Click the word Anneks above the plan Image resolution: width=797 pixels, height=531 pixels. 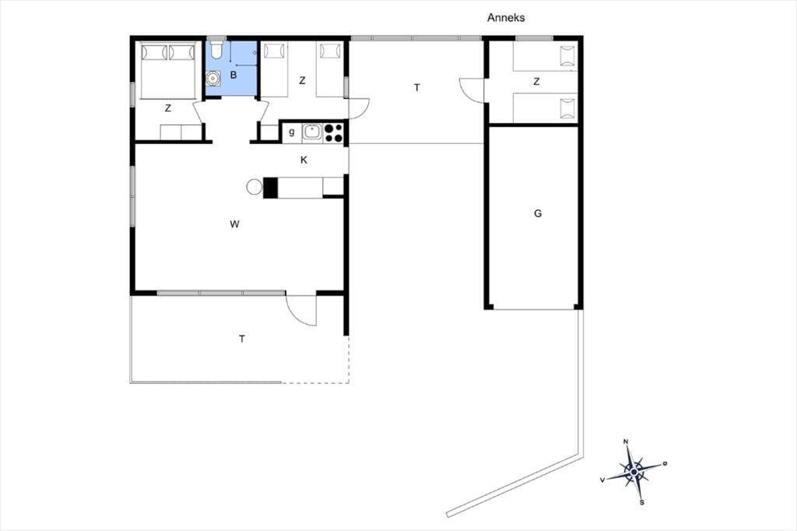click(506, 18)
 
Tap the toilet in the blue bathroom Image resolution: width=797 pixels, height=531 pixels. click(216, 49)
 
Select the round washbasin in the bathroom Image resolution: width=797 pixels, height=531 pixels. click(213, 79)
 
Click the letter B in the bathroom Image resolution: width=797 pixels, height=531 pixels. click(233, 76)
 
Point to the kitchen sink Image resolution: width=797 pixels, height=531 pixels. click(313, 132)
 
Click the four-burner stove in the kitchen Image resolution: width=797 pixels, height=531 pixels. click(333, 132)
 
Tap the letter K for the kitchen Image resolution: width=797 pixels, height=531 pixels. click(304, 160)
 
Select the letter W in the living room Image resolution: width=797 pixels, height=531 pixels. click(234, 223)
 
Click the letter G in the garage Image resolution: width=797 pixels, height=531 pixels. click(538, 213)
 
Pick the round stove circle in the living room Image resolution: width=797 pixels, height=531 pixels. click(255, 187)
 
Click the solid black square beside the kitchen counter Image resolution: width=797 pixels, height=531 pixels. click(270, 187)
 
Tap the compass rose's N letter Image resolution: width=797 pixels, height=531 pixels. click(627, 441)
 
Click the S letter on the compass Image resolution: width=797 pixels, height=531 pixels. click(642, 502)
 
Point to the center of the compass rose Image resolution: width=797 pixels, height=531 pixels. click(634, 473)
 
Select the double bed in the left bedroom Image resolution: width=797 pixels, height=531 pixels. click(168, 71)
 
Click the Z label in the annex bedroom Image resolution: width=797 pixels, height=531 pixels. click(536, 82)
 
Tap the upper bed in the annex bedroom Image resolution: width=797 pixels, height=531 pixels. click(546, 57)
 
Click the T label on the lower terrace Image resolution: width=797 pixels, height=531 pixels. click(242, 339)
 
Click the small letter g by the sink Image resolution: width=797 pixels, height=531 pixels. click(292, 132)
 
